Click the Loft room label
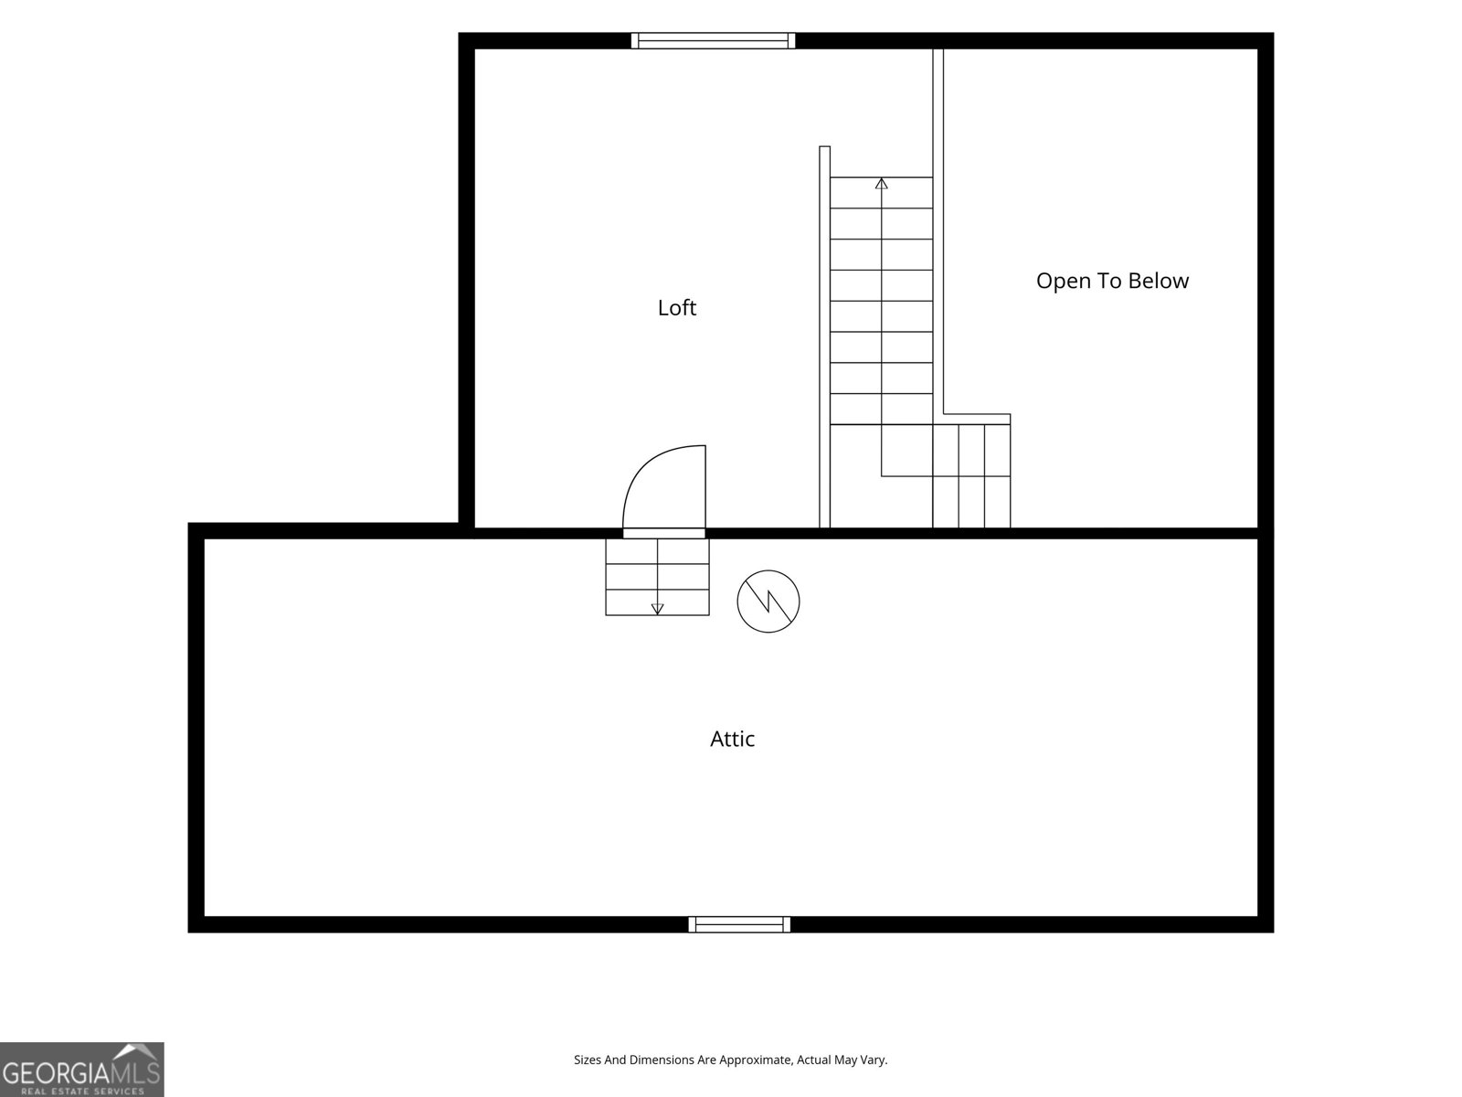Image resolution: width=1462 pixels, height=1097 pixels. [677, 308]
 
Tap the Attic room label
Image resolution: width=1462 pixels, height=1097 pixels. [732, 739]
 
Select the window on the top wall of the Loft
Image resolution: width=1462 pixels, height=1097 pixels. [714, 40]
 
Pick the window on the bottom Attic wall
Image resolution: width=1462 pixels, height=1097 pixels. [739, 924]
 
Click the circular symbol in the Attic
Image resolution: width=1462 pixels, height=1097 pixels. [768, 602]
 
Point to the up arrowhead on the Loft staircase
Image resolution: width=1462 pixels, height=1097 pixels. [881, 183]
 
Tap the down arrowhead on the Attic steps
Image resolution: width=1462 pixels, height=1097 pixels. [657, 609]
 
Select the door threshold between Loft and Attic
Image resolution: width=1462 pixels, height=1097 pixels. [664, 533]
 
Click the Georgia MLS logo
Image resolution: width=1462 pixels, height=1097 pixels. [82, 1070]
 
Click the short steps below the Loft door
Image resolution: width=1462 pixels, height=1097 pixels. [657, 577]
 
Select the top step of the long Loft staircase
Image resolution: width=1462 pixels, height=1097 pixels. [881, 193]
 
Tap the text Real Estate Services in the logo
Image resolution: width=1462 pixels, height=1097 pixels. [82, 1091]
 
